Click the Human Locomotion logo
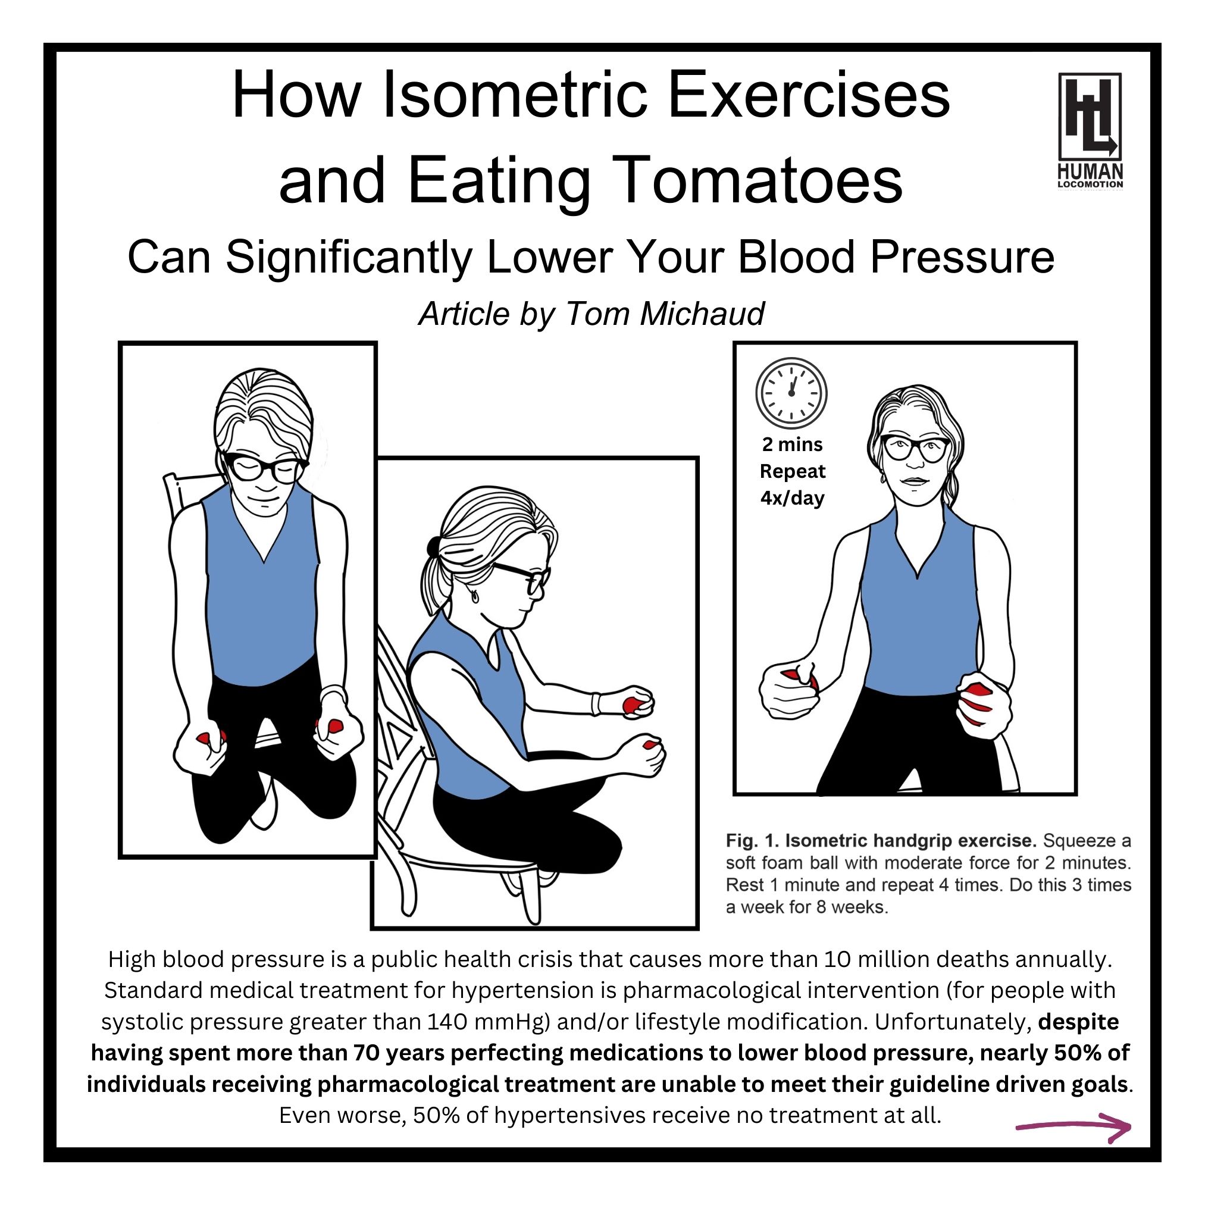point(1090,130)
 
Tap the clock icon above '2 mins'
point(791,393)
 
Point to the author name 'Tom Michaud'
point(663,313)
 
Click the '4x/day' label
point(792,497)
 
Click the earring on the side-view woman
point(475,596)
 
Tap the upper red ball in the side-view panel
point(635,704)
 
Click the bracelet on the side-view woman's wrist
point(596,703)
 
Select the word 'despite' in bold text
point(1078,1022)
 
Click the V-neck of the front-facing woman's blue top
point(917,571)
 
